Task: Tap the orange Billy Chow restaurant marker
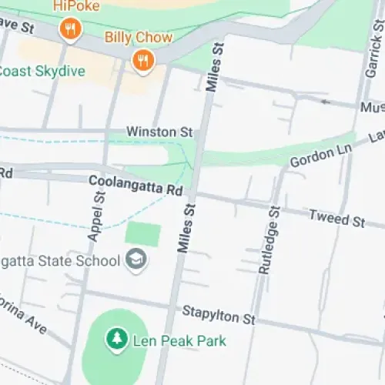[142, 60]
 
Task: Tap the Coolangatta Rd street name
[136, 185]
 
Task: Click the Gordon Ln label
[322, 153]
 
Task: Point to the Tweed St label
[336, 219]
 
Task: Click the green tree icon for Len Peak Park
[116, 339]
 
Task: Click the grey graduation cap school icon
[138, 259]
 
